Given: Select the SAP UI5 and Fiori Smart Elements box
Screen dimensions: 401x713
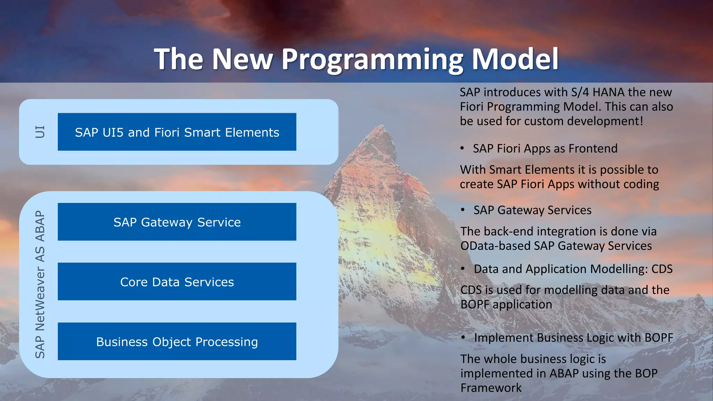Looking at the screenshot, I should pyautogui.click(x=177, y=132).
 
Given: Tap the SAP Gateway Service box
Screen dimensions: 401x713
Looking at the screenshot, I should pyautogui.click(x=177, y=222).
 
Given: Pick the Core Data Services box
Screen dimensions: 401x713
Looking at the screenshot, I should pyautogui.click(x=177, y=282).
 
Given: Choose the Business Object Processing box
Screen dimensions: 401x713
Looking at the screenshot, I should pyautogui.click(x=177, y=341).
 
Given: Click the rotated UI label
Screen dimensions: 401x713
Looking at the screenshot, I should pyautogui.click(x=40, y=132).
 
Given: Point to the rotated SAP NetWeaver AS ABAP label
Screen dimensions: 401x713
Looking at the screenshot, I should pyautogui.click(x=40, y=284).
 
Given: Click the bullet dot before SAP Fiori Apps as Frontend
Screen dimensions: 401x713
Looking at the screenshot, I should pyautogui.click(x=462, y=148).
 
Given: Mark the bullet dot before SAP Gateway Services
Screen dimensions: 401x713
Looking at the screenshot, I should pyautogui.click(x=463, y=210).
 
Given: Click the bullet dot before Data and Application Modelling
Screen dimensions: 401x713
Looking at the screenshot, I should pyautogui.click(x=463, y=269).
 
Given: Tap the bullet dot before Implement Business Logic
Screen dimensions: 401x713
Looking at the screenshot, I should pyautogui.click(x=463, y=337).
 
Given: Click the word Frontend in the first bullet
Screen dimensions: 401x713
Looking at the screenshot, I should pyautogui.click(x=593, y=149).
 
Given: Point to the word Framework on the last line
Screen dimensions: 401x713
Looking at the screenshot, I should pyautogui.click(x=491, y=388).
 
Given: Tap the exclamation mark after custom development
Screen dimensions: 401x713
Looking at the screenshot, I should pyautogui.click(x=641, y=121).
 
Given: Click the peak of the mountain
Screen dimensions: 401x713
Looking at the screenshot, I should pyautogui.click(x=381, y=126).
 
